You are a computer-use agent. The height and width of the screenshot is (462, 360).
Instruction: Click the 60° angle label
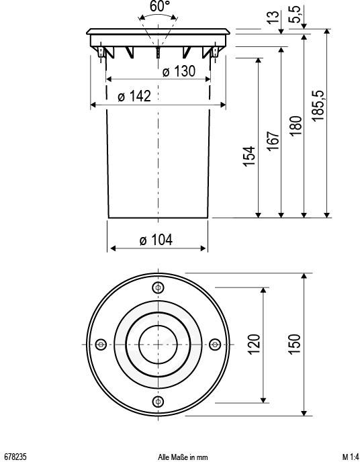159,6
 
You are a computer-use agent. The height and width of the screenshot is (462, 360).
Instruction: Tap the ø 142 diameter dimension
134,97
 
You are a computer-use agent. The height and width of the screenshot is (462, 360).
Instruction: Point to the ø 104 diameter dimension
156,240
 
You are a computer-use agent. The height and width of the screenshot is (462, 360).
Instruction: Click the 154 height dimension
249,156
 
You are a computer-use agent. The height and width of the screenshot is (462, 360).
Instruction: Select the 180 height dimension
295,125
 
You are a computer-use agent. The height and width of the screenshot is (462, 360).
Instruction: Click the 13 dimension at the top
272,17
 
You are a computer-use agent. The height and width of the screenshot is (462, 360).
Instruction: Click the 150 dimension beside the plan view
294,344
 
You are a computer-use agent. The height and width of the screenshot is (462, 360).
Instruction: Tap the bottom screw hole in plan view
158,402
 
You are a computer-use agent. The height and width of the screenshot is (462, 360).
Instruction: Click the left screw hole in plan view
101,344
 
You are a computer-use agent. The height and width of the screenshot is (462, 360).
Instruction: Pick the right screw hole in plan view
215,344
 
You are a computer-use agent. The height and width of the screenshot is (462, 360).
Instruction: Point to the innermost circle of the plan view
158,344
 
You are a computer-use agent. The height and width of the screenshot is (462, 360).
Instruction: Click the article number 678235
15,457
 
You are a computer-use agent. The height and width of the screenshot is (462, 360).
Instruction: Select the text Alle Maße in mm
183,457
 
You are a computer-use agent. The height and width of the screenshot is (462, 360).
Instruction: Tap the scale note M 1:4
349,457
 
